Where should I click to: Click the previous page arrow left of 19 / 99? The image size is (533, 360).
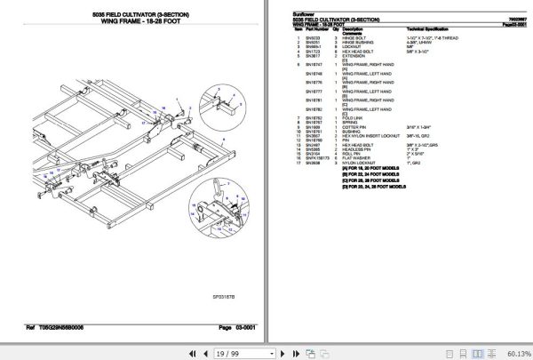(172, 352)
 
